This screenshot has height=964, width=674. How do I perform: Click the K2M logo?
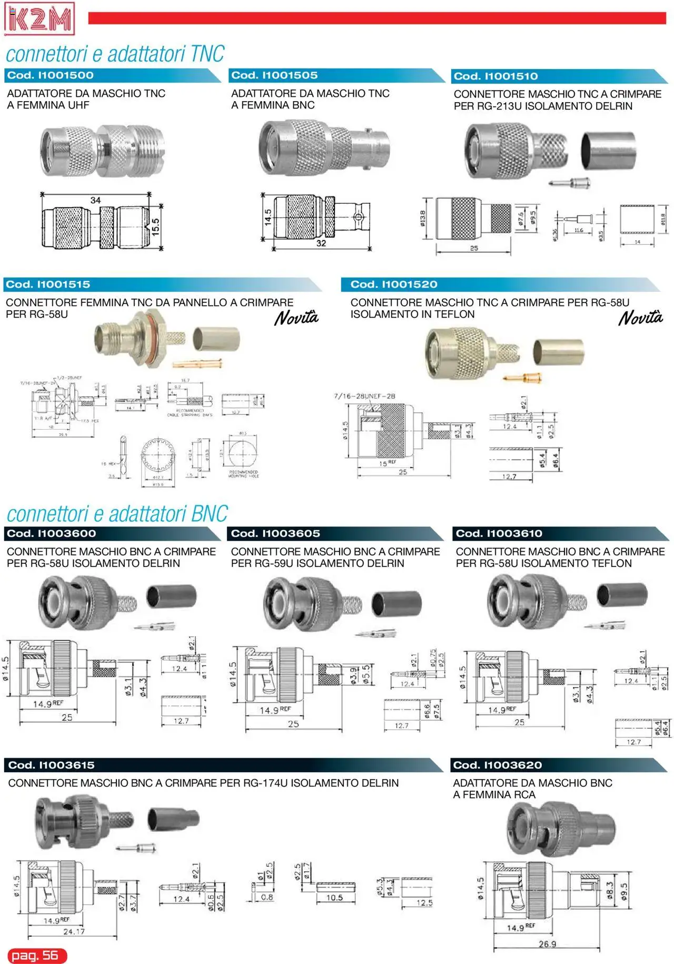[39, 19]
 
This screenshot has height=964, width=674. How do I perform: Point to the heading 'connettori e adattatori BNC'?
[117, 514]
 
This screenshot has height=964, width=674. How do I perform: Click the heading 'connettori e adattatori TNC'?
[115, 54]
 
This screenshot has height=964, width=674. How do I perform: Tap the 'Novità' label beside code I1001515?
[296, 318]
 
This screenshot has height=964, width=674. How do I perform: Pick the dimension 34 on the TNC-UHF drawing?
[95, 200]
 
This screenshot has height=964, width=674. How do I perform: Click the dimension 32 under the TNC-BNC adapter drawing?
[321, 243]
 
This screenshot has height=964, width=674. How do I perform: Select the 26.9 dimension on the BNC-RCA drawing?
[547, 944]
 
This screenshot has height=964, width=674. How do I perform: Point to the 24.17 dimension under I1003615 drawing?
[74, 931]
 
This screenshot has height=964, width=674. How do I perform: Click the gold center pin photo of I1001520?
[523, 377]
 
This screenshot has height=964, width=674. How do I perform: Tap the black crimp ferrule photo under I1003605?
[397, 603]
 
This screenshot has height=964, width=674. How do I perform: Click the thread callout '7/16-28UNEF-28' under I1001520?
[364, 396]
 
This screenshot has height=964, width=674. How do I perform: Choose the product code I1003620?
[497, 765]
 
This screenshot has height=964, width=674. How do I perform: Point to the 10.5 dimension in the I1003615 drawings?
[334, 898]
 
